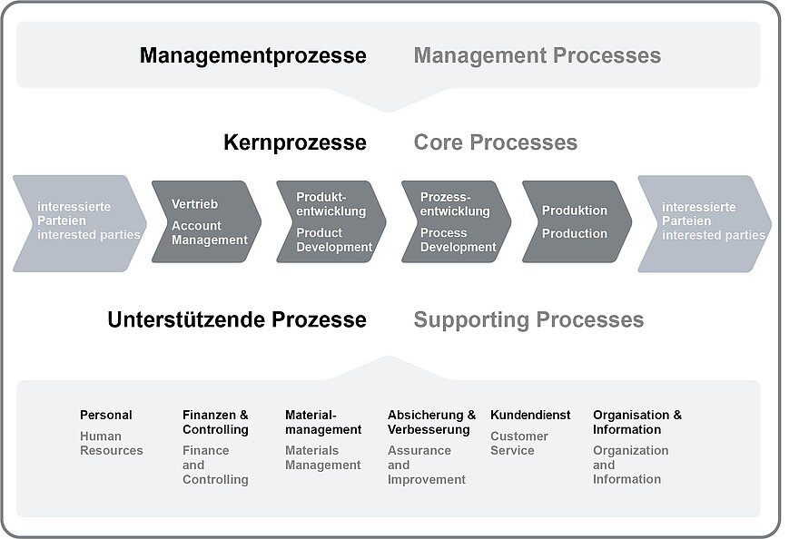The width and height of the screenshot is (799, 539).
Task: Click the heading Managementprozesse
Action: [252, 56]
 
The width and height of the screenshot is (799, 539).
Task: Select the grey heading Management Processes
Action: [538, 55]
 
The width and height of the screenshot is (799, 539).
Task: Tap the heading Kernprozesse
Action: [294, 142]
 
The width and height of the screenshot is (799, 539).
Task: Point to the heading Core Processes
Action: [496, 142]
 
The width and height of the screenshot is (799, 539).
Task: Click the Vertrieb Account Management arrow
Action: [206, 221]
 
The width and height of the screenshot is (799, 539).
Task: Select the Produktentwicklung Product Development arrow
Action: [331, 221]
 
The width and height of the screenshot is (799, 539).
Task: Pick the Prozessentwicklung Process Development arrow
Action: [456, 221]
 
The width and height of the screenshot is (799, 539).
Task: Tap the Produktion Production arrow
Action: [577, 221]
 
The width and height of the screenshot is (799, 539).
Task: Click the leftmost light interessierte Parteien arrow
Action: [80, 223]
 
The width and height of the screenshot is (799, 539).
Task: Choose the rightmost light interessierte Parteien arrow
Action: [705, 223]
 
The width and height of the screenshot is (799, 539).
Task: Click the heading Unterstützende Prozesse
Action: [237, 320]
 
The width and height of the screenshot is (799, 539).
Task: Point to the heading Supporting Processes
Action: [528, 320]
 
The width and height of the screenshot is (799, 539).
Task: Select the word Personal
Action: [106, 415]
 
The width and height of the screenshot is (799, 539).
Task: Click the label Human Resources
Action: [111, 443]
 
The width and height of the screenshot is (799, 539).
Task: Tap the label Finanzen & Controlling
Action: [215, 422]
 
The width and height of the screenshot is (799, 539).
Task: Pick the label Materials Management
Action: [323, 457]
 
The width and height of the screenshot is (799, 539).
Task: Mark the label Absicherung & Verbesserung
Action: [431, 422]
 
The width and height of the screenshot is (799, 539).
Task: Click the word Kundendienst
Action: [530, 415]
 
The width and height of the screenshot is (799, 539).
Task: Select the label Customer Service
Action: [519, 443]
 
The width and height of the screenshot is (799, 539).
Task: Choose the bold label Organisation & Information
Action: [637, 422]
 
